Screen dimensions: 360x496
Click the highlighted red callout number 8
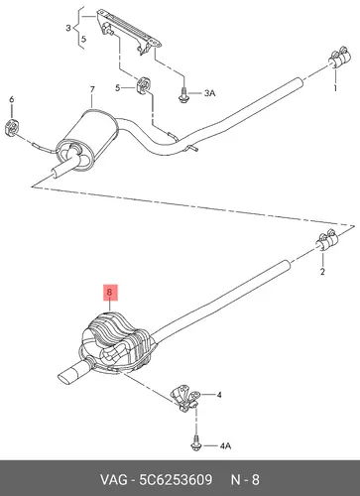coord(110,293)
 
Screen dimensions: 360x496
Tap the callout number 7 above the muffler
coord(92,89)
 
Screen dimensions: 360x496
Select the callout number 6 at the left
coord(12,99)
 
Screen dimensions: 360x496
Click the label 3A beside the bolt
coord(209,93)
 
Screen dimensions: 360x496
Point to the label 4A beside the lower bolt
coord(225,446)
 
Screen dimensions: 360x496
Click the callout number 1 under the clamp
coord(335,88)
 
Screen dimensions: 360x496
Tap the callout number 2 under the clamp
coord(322,272)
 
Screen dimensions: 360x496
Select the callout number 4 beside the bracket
coord(219,395)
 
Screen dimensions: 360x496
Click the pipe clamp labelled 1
coord(339,59)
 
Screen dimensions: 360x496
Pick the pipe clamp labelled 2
coord(326,240)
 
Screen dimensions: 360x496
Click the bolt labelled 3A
coord(182,93)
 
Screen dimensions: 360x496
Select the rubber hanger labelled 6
coord(13,127)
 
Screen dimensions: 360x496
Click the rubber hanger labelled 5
coord(144,85)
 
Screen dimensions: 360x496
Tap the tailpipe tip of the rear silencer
coord(73,373)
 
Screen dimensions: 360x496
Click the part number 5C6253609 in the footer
coord(176,479)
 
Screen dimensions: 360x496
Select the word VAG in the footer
coord(113,479)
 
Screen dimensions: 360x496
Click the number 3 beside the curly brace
coord(68,28)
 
